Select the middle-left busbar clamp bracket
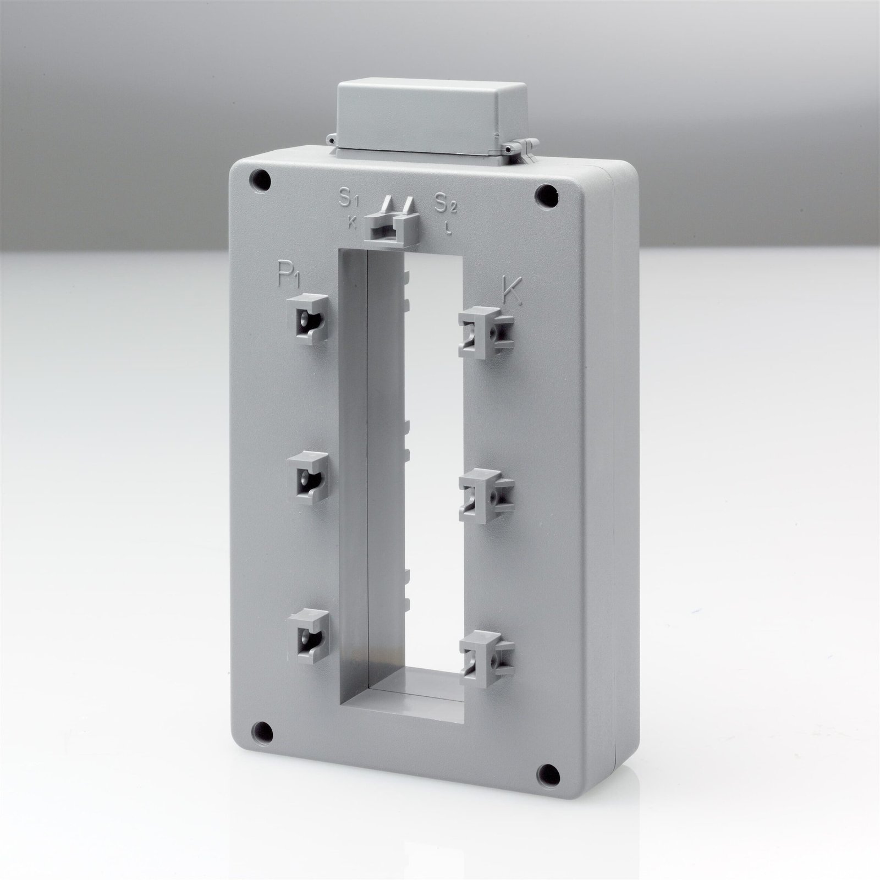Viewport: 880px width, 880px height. coord(307,477)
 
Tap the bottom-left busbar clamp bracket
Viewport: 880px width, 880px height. coord(307,636)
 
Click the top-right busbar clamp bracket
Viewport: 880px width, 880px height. coord(486,332)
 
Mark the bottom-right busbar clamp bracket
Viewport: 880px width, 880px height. coord(486,658)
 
